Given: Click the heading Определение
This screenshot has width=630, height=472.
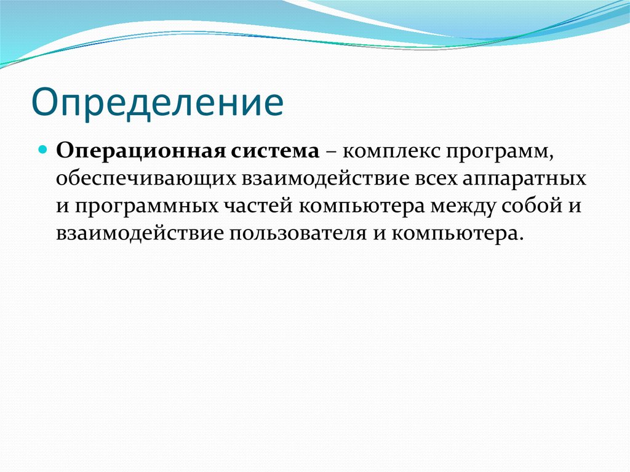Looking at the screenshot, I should click(x=157, y=103).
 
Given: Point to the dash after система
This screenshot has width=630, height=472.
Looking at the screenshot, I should click(x=332, y=152).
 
